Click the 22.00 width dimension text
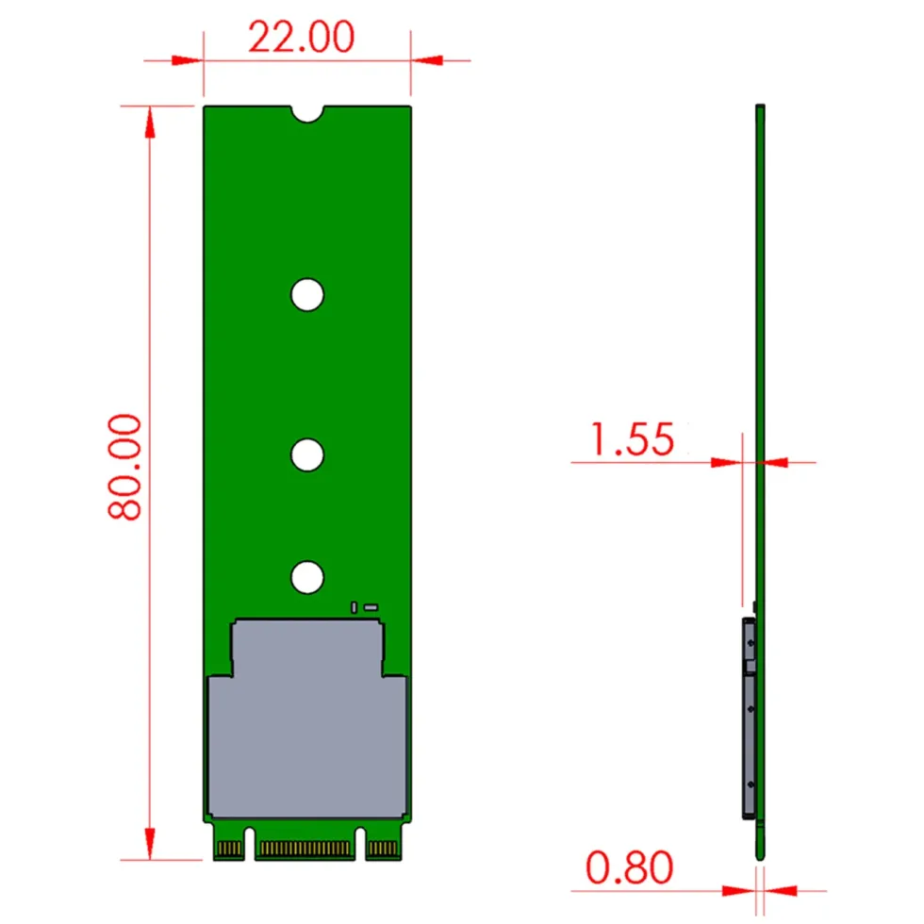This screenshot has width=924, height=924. pos(301,37)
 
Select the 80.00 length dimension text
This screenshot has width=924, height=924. pos(124,467)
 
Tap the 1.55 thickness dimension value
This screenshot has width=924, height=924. pos(633,439)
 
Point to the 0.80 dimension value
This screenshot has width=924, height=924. pos(630,867)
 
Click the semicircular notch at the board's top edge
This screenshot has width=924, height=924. pos(307,113)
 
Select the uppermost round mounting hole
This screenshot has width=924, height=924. pos(307,294)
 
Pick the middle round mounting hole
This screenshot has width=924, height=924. pos(307,454)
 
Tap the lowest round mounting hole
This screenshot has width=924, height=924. pos(307,577)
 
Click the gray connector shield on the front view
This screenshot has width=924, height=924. pos(307,718)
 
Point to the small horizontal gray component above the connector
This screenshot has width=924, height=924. pos(371,607)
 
